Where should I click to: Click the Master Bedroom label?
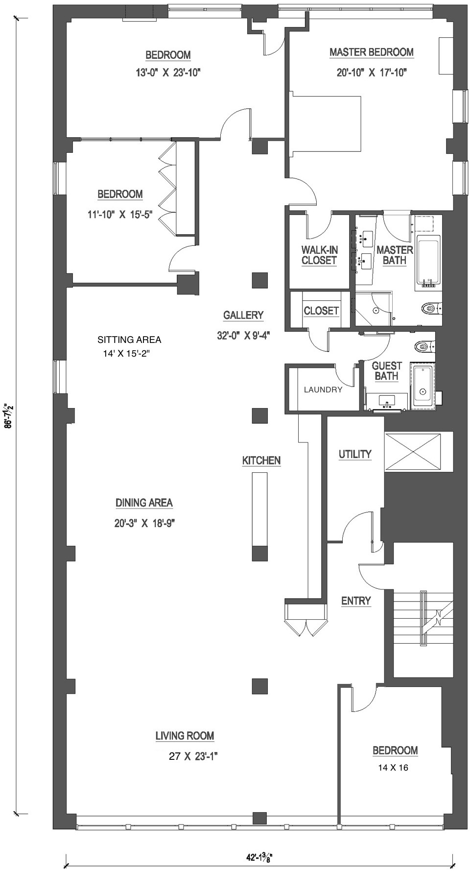click(x=371, y=52)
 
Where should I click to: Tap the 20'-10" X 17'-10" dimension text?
click(x=372, y=73)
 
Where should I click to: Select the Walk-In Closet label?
click(x=319, y=255)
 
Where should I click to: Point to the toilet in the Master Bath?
click(x=429, y=308)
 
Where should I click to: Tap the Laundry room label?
click(x=323, y=390)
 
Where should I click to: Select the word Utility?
click(x=355, y=454)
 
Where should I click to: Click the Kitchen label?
click(x=261, y=461)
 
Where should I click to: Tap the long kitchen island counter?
click(x=259, y=509)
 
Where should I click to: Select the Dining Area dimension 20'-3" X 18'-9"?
click(x=144, y=523)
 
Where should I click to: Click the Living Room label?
click(x=185, y=735)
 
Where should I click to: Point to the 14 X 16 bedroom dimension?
click(x=393, y=768)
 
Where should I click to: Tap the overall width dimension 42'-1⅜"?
click(x=259, y=858)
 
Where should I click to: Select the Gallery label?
click(x=243, y=315)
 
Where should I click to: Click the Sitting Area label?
click(x=129, y=339)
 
